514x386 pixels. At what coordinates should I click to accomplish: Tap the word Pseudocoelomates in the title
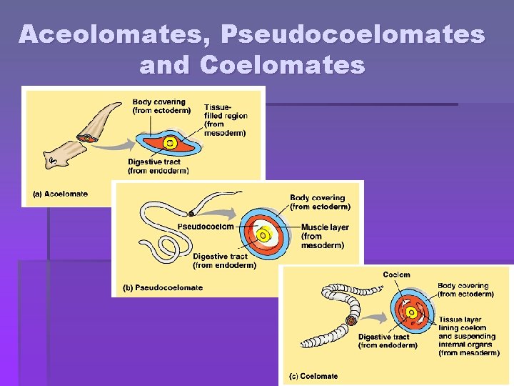pyautogui.click(x=353, y=34)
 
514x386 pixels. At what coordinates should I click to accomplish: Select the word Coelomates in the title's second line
pyautogui.click(x=283, y=65)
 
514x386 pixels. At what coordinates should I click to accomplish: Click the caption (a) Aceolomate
pyautogui.click(x=61, y=194)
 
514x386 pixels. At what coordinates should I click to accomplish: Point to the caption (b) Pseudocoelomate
pyautogui.click(x=163, y=287)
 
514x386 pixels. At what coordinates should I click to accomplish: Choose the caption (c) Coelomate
pyautogui.click(x=313, y=376)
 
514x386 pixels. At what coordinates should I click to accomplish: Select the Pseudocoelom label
pyautogui.click(x=206, y=227)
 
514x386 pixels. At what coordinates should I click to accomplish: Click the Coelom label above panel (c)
pyautogui.click(x=396, y=274)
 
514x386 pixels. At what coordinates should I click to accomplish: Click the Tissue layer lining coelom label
pyautogui.click(x=468, y=336)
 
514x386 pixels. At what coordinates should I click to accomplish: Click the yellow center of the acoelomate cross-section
pyautogui.click(x=169, y=143)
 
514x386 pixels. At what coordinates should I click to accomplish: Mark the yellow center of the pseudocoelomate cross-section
pyautogui.click(x=263, y=234)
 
